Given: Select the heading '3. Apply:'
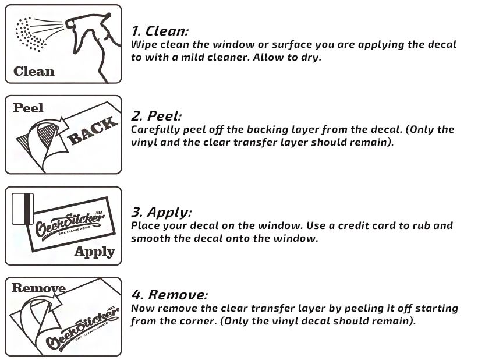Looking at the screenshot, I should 161,211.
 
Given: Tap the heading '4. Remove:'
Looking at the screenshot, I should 169,294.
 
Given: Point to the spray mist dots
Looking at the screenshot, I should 30,34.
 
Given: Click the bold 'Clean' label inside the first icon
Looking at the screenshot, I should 34,72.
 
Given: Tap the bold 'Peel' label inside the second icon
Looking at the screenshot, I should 29,108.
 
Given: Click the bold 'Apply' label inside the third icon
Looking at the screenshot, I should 94,252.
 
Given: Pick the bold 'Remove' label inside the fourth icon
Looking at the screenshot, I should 38,288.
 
